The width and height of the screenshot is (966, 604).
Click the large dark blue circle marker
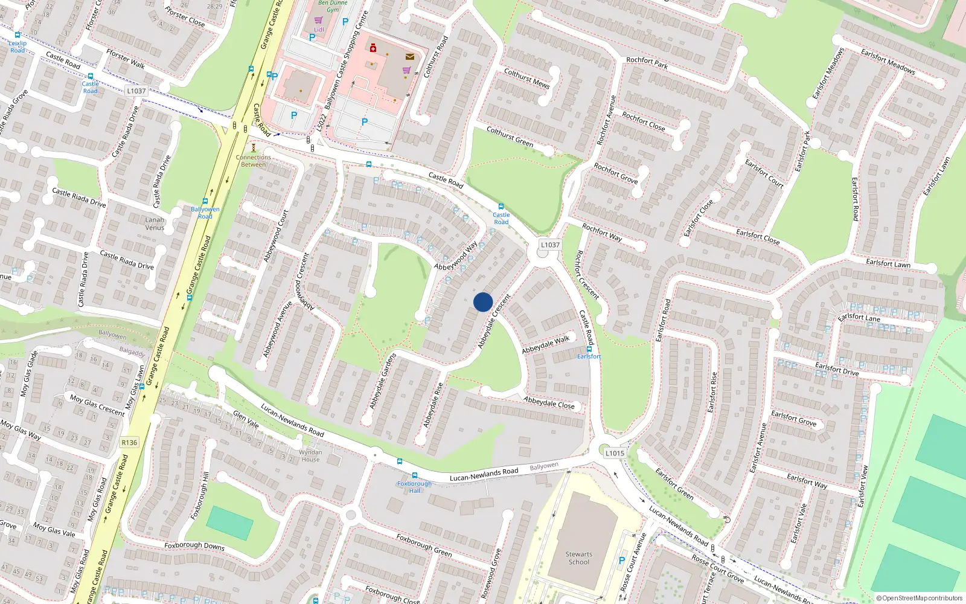coord(483,302)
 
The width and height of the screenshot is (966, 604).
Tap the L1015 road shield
coord(615,453)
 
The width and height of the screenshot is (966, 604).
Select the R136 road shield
coord(129,442)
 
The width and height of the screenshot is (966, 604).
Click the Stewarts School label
coord(578,558)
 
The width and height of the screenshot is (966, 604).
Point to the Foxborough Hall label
coord(414,487)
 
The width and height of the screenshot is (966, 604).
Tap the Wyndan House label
coord(310,455)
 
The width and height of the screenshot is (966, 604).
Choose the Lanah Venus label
coord(155,223)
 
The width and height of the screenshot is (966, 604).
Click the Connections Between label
coord(254,161)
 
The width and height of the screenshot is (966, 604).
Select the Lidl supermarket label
coord(319,29)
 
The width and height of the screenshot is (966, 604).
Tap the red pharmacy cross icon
coord(373,48)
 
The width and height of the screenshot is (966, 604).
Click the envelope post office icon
coord(410,57)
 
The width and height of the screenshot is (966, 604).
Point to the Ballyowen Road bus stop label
coord(205,213)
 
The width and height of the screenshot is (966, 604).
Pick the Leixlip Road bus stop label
coord(18,47)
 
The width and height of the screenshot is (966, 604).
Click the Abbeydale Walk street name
coord(546,344)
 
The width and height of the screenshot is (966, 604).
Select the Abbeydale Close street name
coord(549,402)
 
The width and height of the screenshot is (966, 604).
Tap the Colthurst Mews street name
coord(526,79)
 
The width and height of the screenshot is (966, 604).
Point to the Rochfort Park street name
coord(647,63)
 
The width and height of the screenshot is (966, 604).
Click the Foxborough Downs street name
coord(194,545)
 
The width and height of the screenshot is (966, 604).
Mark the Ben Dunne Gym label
coord(333,6)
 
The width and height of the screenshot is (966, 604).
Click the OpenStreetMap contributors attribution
coord(919,598)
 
